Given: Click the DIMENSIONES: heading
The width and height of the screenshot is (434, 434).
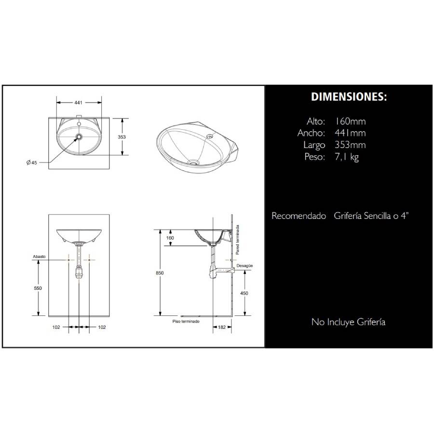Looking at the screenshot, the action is pos(349,96).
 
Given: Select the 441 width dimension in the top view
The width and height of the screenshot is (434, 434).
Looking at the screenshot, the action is pos(78,102).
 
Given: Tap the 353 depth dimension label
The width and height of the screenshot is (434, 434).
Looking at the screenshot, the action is pos(122,137).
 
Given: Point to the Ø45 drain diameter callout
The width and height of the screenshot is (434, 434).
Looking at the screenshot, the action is pos(31,163).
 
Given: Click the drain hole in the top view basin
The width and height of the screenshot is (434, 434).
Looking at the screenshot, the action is pos(79,136).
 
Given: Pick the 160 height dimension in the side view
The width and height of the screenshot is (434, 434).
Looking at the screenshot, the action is pos(170,238).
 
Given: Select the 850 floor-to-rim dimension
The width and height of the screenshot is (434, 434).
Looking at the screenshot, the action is pos(160,273).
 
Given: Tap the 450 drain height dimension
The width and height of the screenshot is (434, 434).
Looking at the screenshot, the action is pos(244,293).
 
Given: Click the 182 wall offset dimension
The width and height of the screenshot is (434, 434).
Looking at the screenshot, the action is pos(222,327).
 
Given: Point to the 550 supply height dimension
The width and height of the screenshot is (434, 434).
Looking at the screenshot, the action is pos(38,288).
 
